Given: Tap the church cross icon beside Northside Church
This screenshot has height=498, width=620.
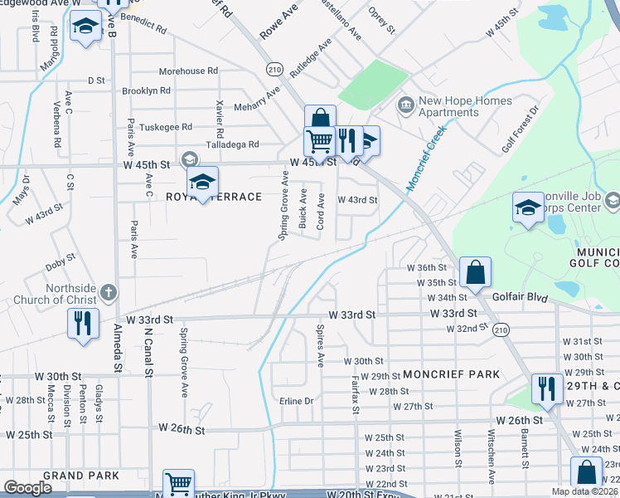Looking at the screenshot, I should click(110, 293).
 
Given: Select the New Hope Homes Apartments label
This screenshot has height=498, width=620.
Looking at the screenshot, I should click(464, 106).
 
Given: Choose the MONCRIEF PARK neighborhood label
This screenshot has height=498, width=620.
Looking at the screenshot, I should click(451, 374).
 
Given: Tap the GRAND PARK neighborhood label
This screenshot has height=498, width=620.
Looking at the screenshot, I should click(81, 476).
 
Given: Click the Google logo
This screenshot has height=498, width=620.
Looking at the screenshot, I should click(27, 488).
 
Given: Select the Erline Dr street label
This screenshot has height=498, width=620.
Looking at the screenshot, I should click(296, 401).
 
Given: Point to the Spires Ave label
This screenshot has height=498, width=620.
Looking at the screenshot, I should click(320, 345).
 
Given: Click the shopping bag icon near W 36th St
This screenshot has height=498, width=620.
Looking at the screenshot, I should click(476, 271).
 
